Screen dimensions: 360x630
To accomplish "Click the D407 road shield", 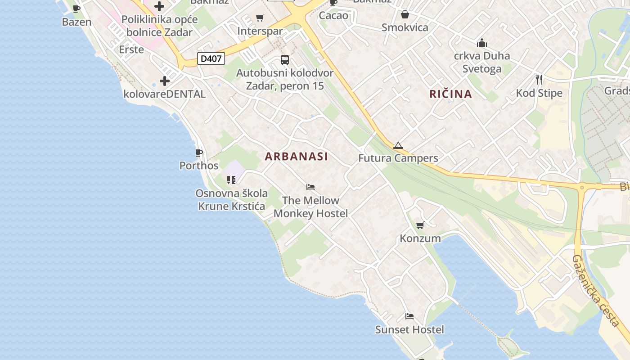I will (211, 58).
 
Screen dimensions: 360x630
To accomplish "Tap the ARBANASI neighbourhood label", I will (296, 157).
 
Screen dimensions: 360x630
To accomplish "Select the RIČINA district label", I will (450, 94).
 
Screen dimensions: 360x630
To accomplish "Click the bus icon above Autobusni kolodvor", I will (285, 59).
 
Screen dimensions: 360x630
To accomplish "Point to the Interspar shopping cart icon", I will (260, 18).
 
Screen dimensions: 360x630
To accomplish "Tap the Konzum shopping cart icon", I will (420, 225).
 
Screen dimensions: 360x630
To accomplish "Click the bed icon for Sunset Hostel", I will (409, 316).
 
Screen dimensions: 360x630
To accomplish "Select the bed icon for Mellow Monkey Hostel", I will (310, 187).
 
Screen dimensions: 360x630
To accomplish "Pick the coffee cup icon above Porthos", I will (199, 153).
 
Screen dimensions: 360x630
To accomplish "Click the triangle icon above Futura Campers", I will (398, 145).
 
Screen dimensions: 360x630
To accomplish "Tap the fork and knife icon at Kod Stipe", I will (539, 80).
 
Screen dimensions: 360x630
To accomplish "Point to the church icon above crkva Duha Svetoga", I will (482, 43).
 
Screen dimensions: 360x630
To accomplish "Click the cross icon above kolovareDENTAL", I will (165, 81).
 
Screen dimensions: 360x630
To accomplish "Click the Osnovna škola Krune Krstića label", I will (231, 199).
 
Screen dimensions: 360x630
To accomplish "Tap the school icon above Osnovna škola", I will (231, 180).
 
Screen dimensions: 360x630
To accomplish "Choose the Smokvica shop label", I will (405, 27).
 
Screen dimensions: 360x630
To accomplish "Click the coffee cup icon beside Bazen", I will (76, 9).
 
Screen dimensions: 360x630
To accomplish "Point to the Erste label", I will (131, 49).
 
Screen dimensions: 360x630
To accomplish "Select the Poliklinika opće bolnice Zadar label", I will (159, 26).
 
